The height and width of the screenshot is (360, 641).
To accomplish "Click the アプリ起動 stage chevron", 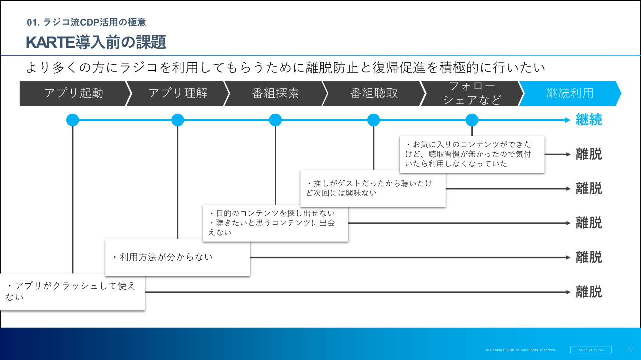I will [73, 93].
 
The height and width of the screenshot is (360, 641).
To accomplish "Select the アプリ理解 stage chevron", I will [178, 93].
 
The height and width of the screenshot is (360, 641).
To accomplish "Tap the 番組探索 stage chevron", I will [275, 93].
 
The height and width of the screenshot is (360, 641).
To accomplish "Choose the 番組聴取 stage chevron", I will [374, 93].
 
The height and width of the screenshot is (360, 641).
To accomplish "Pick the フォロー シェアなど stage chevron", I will [472, 93].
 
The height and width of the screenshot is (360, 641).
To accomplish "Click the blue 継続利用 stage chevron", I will [570, 93].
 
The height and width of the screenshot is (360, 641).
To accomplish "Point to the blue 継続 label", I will [589, 120].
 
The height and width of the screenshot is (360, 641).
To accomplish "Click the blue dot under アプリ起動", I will [73, 120].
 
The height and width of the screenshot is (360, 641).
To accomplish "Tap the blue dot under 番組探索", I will [275, 120].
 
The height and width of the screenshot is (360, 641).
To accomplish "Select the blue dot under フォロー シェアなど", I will [472, 120].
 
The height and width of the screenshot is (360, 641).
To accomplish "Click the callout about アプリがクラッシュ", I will [72, 291].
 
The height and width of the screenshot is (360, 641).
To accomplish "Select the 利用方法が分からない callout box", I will [177, 257].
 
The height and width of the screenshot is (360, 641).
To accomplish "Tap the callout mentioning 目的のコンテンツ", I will [275, 223].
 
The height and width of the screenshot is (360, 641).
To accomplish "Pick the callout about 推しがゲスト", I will [373, 188].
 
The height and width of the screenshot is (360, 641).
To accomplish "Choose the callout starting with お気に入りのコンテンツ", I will [472, 154].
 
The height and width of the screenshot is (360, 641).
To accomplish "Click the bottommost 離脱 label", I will [589, 292].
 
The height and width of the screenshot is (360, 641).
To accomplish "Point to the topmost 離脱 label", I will [589, 154].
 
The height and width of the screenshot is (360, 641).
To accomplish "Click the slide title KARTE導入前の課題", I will [96, 42].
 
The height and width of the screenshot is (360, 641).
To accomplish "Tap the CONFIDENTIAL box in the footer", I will [591, 350].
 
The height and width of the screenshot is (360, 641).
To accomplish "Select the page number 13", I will [629, 350].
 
